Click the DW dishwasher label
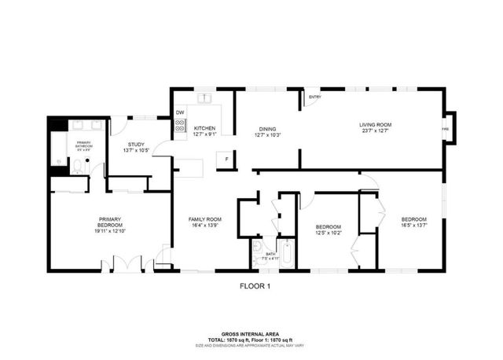[x=180, y=112]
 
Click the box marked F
[x=226, y=158]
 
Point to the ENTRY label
[x=314, y=97]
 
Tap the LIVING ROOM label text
[x=375, y=124]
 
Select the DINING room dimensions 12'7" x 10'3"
[x=267, y=135]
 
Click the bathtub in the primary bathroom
[x=58, y=149]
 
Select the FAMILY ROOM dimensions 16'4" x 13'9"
[x=204, y=226]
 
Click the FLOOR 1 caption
[x=255, y=287]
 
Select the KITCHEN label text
[x=204, y=128]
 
